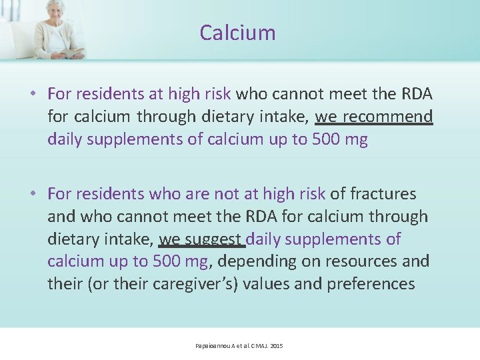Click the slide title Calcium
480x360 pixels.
pos(237,33)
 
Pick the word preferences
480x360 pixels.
pos(371,283)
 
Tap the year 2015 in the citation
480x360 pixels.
pos(277,346)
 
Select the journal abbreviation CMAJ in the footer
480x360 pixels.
pos(257,346)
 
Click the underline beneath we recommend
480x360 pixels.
pos(373,125)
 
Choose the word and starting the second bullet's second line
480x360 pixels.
pos(60,216)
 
